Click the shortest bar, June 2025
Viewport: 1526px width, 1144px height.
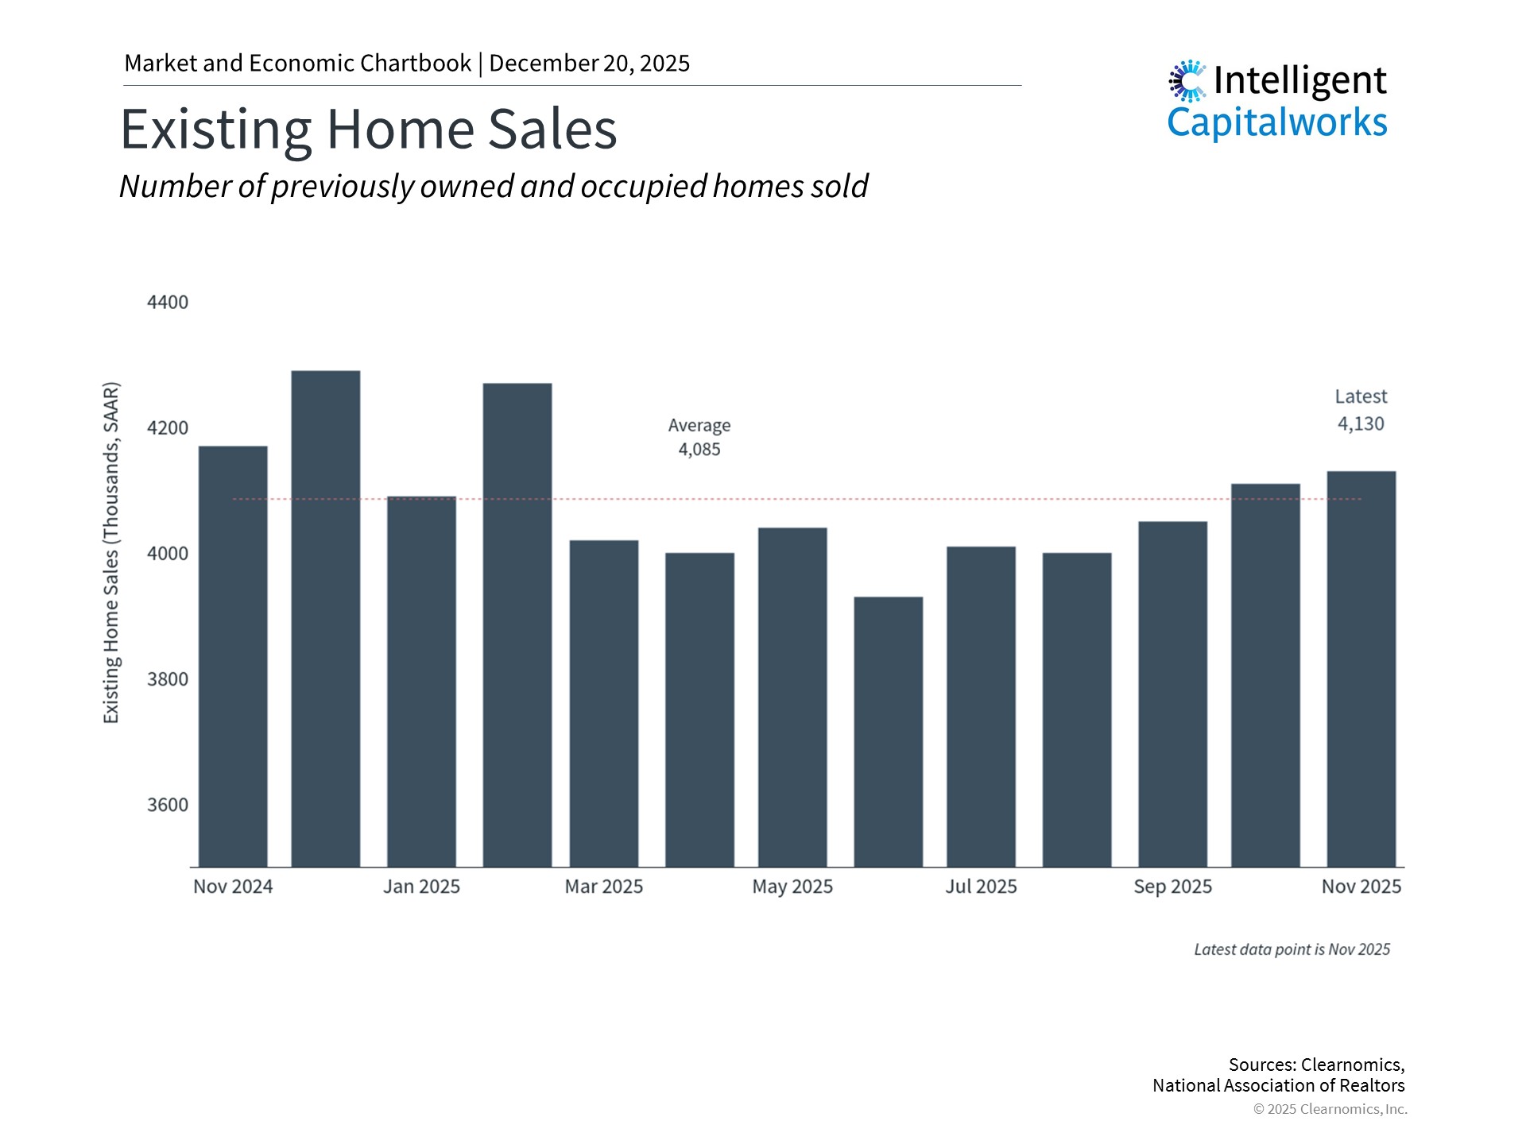(x=889, y=732)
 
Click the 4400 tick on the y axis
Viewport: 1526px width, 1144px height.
(x=168, y=303)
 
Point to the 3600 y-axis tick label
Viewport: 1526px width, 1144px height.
(x=168, y=805)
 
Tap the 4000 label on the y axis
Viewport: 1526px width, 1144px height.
(x=168, y=554)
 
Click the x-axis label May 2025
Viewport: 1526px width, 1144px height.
(x=792, y=887)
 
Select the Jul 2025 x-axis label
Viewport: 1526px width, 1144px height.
(x=981, y=887)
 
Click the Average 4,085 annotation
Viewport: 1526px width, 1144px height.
(x=699, y=438)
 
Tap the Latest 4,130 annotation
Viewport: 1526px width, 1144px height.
(x=1361, y=410)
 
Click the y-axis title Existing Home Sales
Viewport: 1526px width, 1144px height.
(x=111, y=553)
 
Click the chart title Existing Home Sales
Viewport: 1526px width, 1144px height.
(x=369, y=129)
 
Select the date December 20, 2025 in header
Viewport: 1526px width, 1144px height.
(x=589, y=64)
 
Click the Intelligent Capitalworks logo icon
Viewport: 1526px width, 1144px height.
(x=1187, y=80)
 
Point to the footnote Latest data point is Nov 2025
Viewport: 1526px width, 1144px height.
(x=1292, y=949)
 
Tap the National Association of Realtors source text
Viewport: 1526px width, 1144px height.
(x=1278, y=1085)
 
